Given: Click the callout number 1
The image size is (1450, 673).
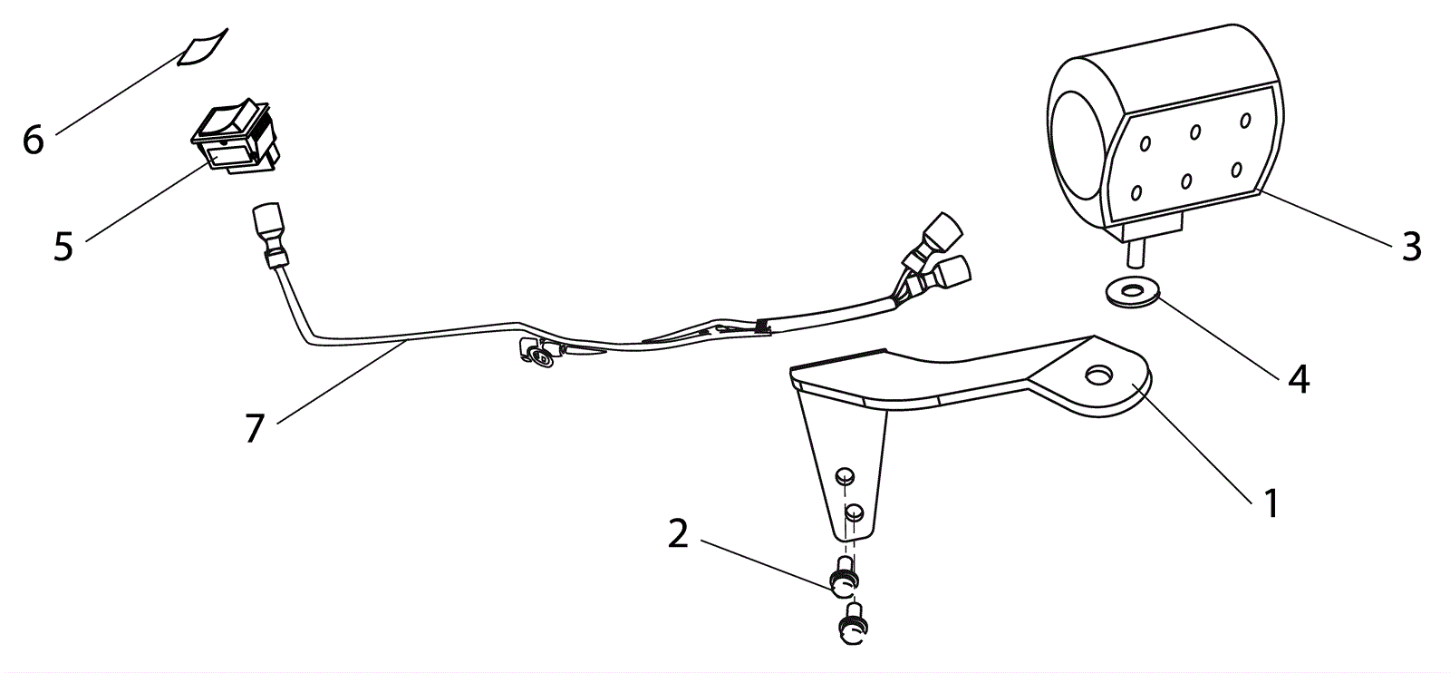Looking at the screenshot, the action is [1271, 502].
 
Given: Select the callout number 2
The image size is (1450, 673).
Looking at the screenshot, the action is [678, 535].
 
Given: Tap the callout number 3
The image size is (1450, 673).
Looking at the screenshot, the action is [1411, 246].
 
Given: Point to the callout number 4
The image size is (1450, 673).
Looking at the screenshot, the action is [1299, 379].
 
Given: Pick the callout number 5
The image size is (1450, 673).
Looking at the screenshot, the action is [63, 246].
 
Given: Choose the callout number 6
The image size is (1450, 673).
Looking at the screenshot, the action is [34, 141].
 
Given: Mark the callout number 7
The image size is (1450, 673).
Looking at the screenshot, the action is [254, 428].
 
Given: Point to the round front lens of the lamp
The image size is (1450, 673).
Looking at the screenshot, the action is [1077, 146].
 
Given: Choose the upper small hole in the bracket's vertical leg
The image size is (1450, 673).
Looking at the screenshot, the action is [845, 475].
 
